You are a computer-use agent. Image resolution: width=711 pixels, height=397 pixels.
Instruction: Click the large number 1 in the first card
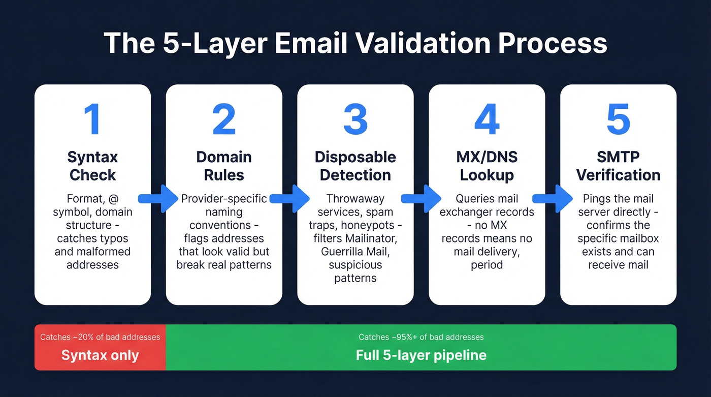pos(92,120)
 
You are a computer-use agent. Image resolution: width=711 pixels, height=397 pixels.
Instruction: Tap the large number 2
pos(224,120)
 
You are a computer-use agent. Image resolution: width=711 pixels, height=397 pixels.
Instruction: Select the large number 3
pos(355,120)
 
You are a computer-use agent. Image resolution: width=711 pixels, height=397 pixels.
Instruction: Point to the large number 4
pos(487,120)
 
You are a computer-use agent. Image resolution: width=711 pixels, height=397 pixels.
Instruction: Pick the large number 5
pos(618,120)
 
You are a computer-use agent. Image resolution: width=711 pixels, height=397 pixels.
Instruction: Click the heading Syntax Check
pos(92,166)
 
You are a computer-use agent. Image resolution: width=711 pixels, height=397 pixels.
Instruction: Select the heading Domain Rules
pos(224,166)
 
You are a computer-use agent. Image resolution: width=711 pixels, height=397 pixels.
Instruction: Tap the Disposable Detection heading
pos(355,166)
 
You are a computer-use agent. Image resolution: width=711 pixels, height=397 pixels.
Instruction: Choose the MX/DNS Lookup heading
pos(487,166)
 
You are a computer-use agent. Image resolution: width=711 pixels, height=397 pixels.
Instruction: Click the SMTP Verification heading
pos(618,166)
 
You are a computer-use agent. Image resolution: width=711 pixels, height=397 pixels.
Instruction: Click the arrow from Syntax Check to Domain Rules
pos(158,199)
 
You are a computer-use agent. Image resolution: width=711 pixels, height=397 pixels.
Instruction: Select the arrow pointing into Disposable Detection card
pos(290,199)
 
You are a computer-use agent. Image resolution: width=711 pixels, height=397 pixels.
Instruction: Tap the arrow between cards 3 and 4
pos(422,199)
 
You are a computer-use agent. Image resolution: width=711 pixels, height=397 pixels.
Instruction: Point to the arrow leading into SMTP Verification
pos(553,199)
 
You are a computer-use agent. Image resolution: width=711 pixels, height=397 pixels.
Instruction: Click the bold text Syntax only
pos(100,355)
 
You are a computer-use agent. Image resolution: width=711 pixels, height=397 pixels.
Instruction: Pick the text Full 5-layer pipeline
pos(421,355)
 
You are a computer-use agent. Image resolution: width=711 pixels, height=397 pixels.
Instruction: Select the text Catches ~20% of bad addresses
pos(100,337)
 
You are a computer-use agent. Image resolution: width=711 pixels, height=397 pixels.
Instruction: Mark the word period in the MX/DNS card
pos(487,265)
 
